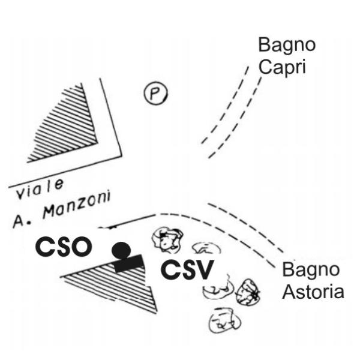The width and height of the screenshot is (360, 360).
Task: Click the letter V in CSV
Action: (x=203, y=271)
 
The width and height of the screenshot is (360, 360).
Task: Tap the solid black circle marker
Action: (x=121, y=250)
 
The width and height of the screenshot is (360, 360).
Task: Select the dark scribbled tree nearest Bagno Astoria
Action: (x=248, y=292)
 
